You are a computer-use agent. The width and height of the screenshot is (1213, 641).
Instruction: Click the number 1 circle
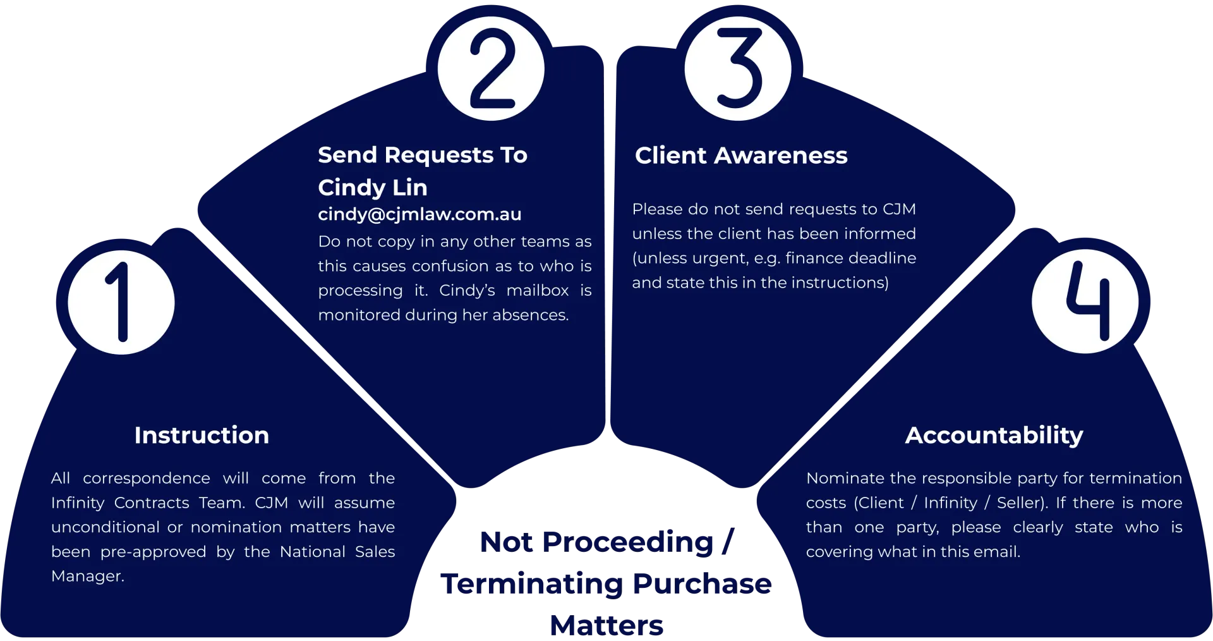(x=121, y=302)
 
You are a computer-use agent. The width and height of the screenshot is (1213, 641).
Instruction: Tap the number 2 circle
(x=492, y=68)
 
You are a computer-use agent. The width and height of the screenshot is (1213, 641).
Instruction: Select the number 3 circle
(x=738, y=68)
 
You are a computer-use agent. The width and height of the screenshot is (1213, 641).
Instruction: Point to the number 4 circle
(x=1085, y=301)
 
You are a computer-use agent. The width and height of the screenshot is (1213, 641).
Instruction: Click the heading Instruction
(x=202, y=436)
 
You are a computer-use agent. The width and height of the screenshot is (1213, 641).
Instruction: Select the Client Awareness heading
(x=741, y=156)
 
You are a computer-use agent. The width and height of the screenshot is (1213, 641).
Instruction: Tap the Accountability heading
(x=994, y=436)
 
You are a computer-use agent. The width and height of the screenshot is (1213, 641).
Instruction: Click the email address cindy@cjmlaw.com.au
(x=419, y=214)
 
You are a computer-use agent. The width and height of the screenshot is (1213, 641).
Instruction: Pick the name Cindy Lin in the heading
(x=373, y=188)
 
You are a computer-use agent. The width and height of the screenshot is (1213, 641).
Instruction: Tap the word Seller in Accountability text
(x=1022, y=503)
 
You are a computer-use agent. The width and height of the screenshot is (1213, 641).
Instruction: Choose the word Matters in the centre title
(x=606, y=626)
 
